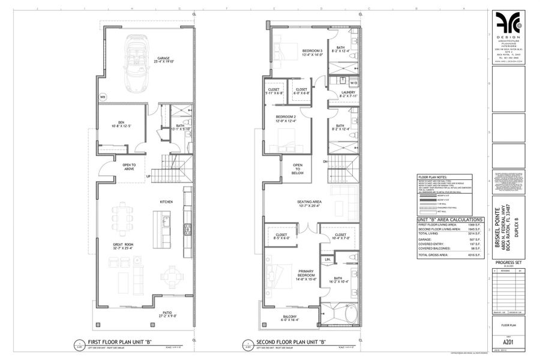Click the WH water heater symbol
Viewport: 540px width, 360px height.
[x=103, y=96]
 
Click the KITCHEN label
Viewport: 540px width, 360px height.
[x=167, y=202]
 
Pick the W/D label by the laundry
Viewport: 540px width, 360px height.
[x=353, y=83]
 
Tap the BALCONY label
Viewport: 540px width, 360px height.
[x=290, y=317]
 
